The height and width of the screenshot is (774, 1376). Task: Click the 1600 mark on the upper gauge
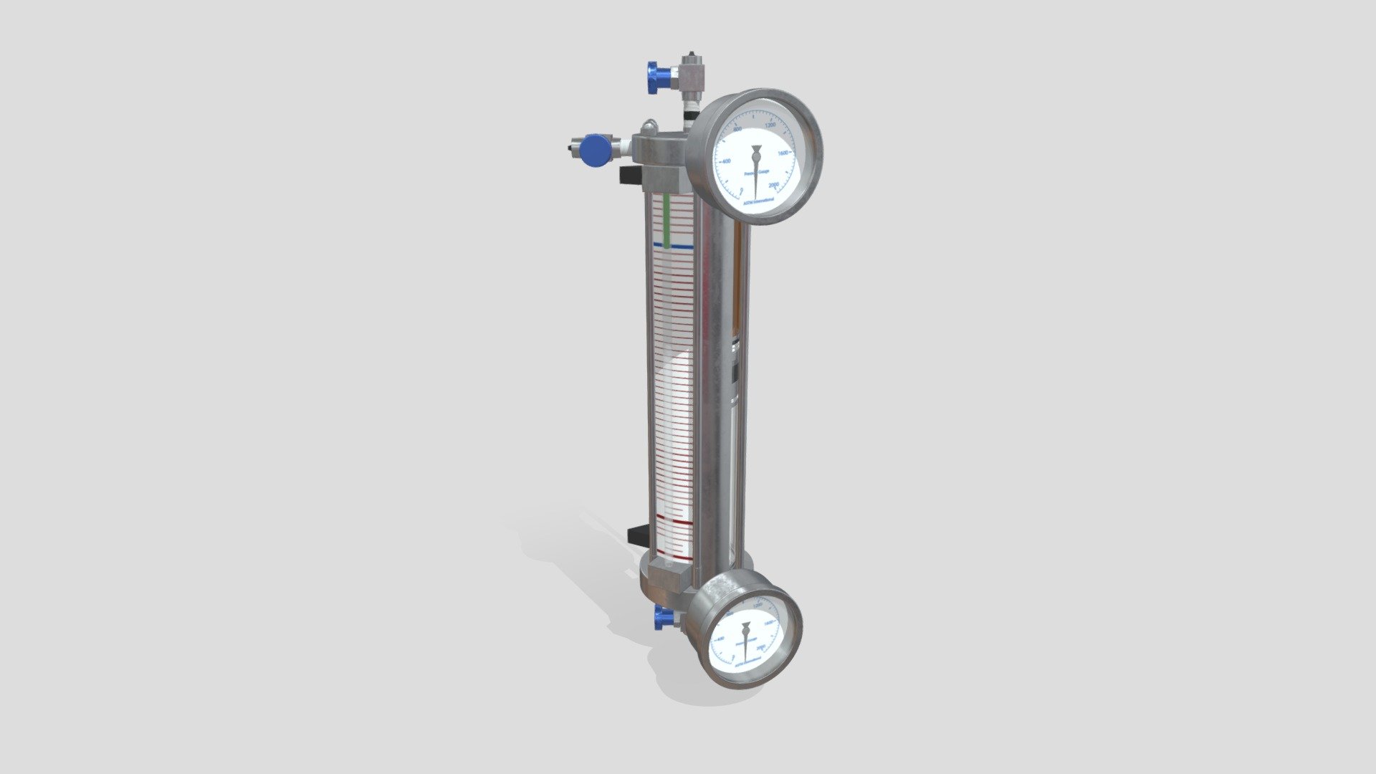pos(783,153)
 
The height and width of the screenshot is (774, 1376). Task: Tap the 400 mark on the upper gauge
pos(726,161)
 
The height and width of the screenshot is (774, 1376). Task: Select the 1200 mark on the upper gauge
pos(770,125)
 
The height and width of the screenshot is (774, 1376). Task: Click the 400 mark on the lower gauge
pos(720,638)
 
